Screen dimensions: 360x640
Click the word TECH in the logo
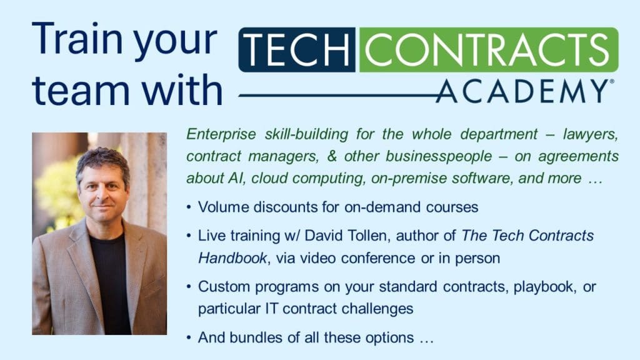(x=297, y=49)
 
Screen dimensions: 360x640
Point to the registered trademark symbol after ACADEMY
(x=611, y=82)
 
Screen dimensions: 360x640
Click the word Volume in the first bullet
(x=221, y=206)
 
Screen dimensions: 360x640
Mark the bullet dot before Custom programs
(x=189, y=287)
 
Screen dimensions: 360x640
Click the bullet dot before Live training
(x=189, y=236)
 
